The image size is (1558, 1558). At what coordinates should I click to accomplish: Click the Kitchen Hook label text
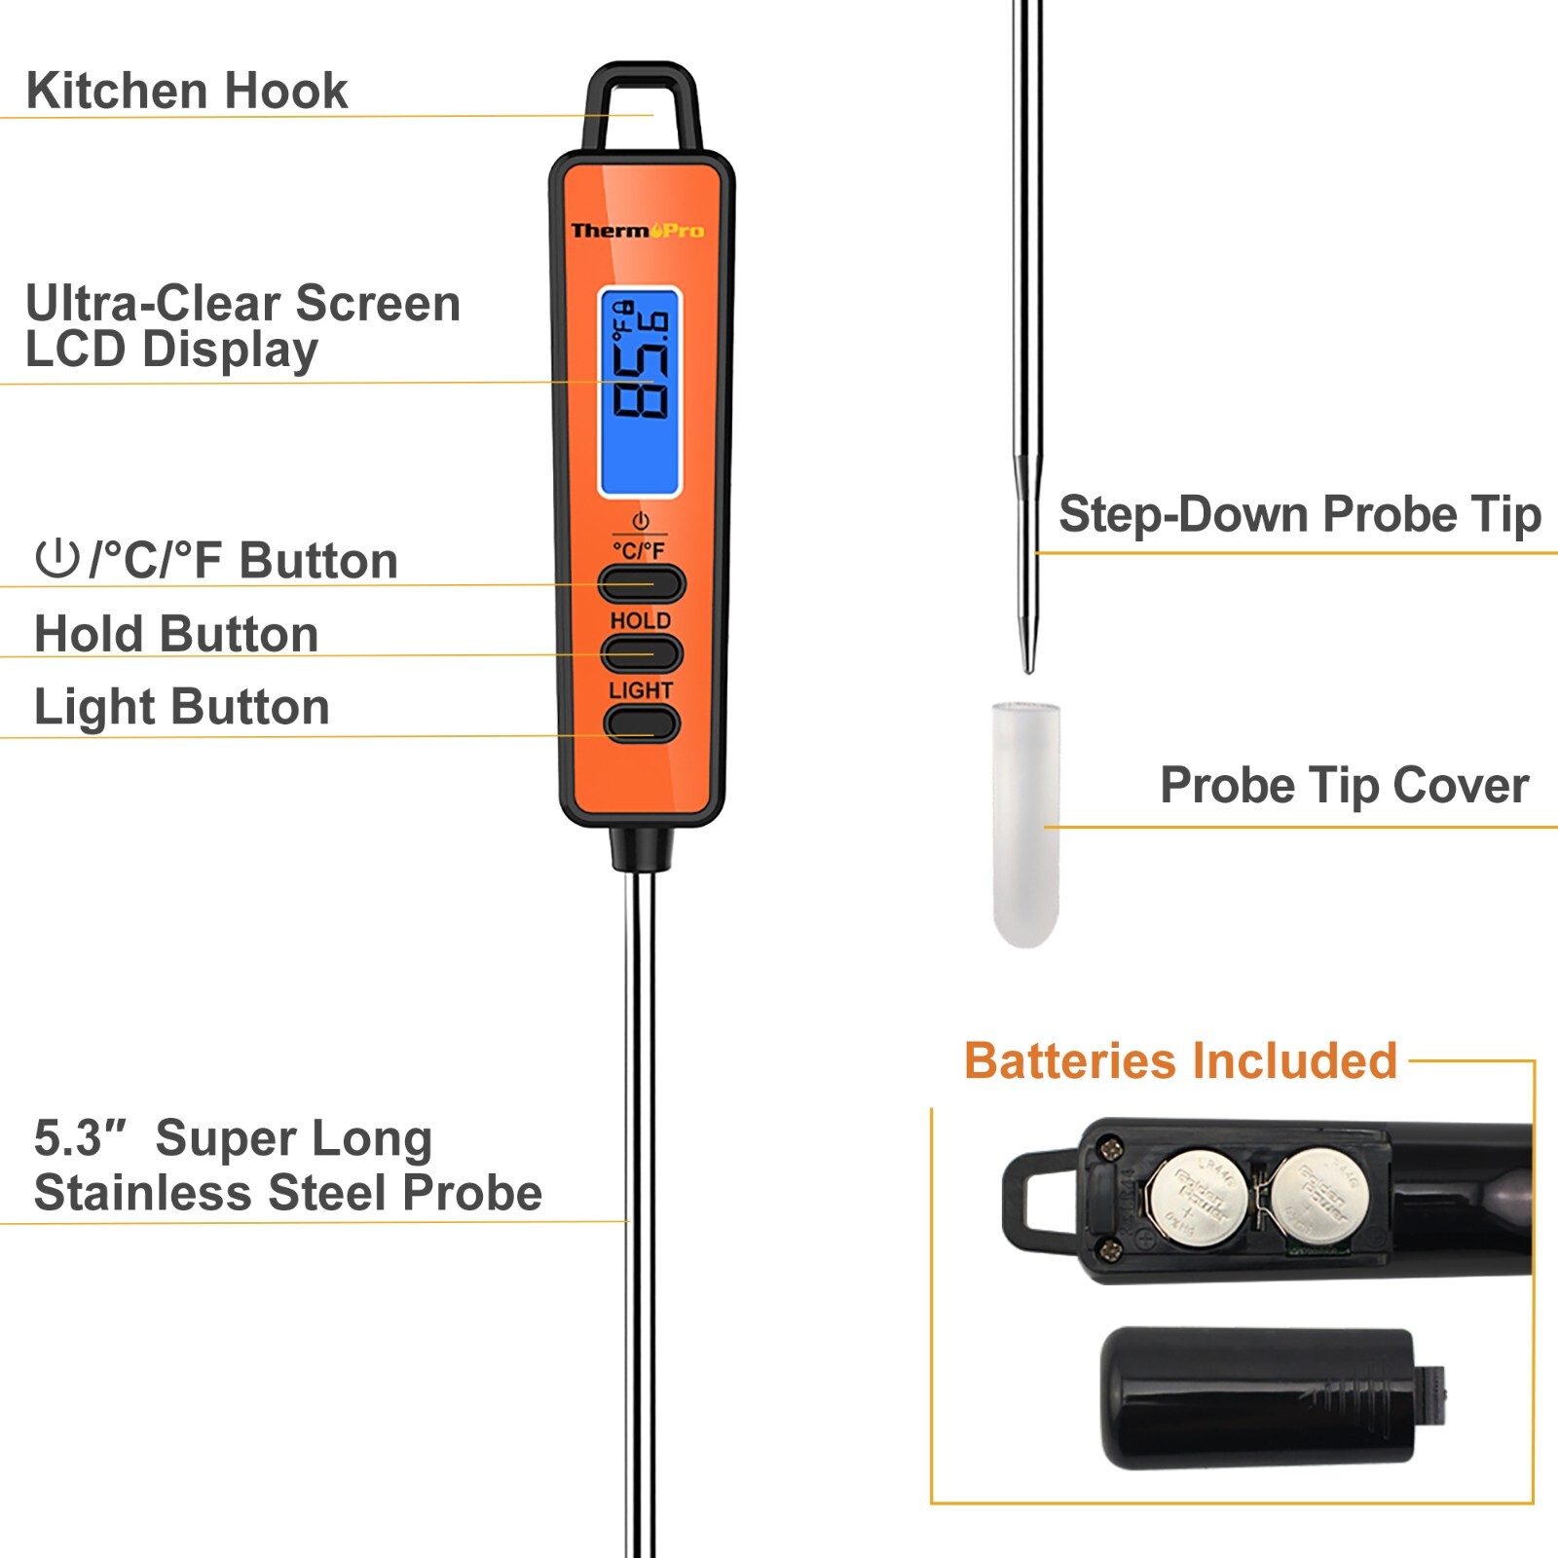click(186, 91)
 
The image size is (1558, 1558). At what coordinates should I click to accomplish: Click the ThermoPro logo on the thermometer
click(637, 231)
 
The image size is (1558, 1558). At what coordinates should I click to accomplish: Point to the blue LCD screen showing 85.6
click(640, 391)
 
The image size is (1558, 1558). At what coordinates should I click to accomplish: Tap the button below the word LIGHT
click(641, 723)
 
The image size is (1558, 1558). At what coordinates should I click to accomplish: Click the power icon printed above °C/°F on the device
click(640, 521)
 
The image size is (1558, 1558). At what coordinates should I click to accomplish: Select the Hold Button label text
click(176, 634)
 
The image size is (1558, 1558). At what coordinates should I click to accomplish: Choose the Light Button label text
click(181, 707)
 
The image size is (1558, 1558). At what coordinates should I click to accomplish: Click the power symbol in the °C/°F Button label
click(56, 559)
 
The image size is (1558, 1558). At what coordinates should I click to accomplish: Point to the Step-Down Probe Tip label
click(1299, 514)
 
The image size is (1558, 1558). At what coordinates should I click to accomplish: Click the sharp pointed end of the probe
click(1027, 664)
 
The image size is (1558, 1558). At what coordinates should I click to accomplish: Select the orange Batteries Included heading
click(1180, 1060)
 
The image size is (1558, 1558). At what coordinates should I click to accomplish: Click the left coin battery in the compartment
click(1196, 1199)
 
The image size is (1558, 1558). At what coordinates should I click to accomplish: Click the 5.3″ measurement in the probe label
click(80, 1138)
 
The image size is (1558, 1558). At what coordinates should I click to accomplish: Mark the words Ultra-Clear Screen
click(242, 303)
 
